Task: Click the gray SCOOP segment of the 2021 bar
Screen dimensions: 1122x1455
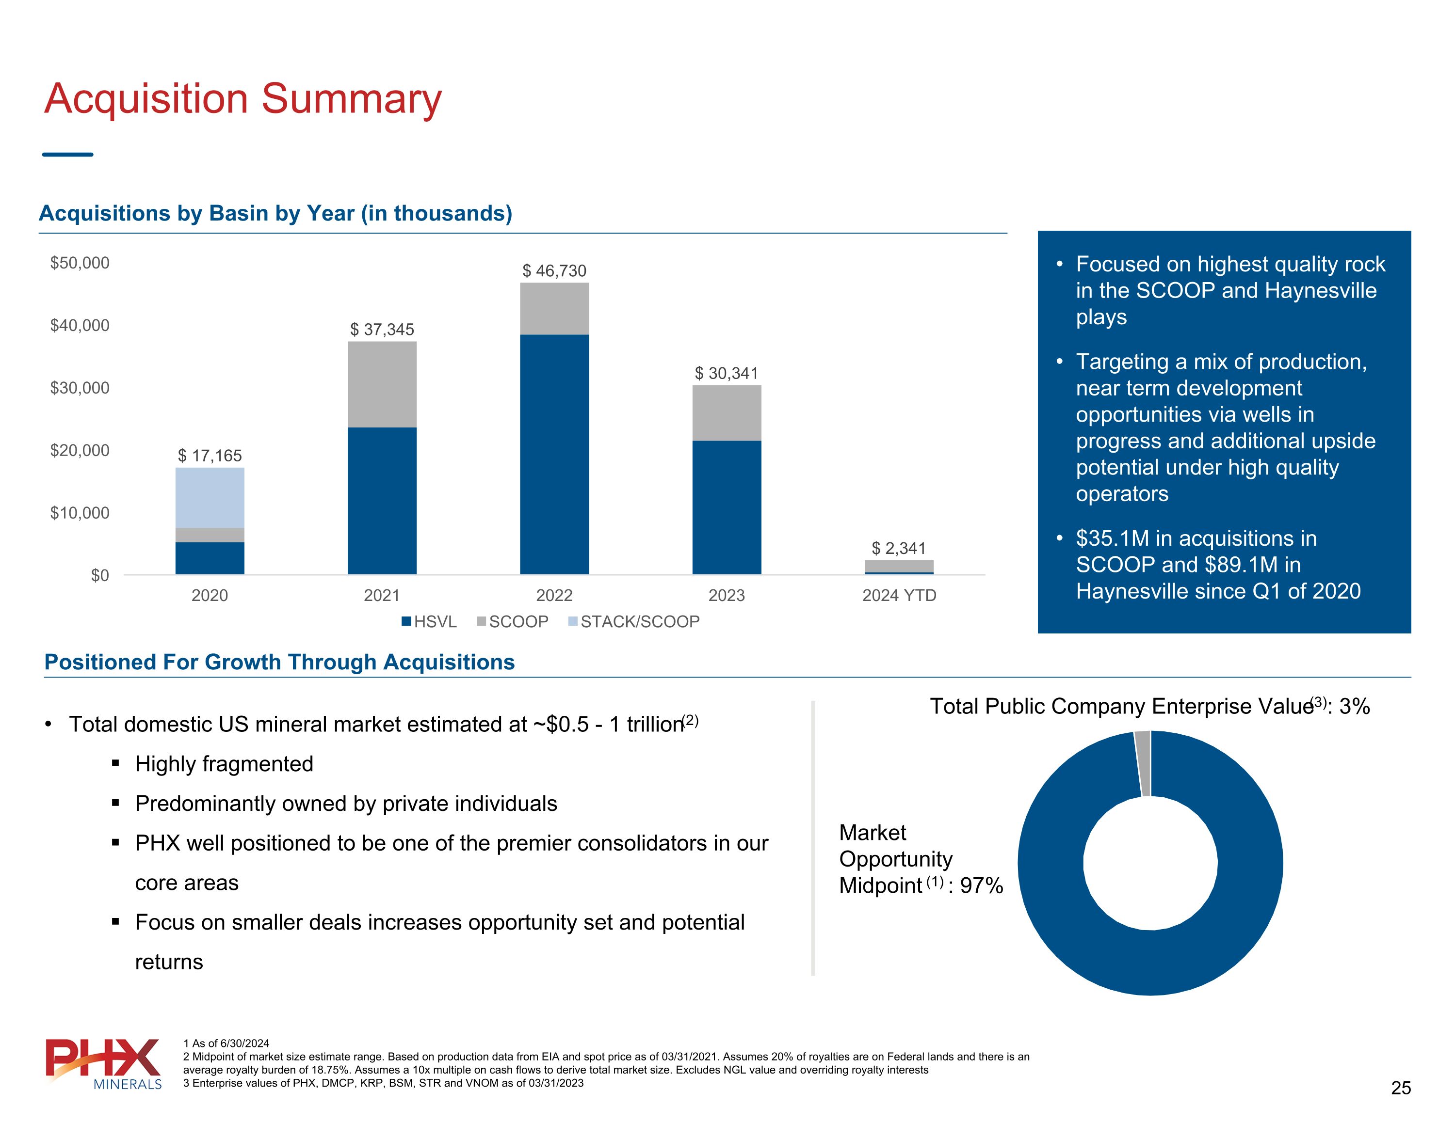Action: (382, 384)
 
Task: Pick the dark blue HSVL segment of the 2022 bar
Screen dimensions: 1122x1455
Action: (554, 454)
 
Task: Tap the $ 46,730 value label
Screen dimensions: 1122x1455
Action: (554, 271)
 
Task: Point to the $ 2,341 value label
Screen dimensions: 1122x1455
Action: (899, 548)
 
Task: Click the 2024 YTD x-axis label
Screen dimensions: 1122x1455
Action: (899, 595)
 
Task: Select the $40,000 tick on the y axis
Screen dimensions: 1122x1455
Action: (80, 326)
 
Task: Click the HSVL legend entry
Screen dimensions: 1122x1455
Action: (429, 622)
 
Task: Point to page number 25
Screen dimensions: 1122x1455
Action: (1400, 1088)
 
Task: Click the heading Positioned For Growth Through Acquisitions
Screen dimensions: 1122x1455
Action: (279, 662)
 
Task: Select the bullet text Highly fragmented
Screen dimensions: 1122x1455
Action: (224, 764)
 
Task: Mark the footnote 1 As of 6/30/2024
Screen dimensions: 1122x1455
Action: (226, 1043)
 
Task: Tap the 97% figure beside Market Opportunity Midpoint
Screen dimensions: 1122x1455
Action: (981, 885)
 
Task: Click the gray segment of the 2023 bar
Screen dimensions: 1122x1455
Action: (726, 413)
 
